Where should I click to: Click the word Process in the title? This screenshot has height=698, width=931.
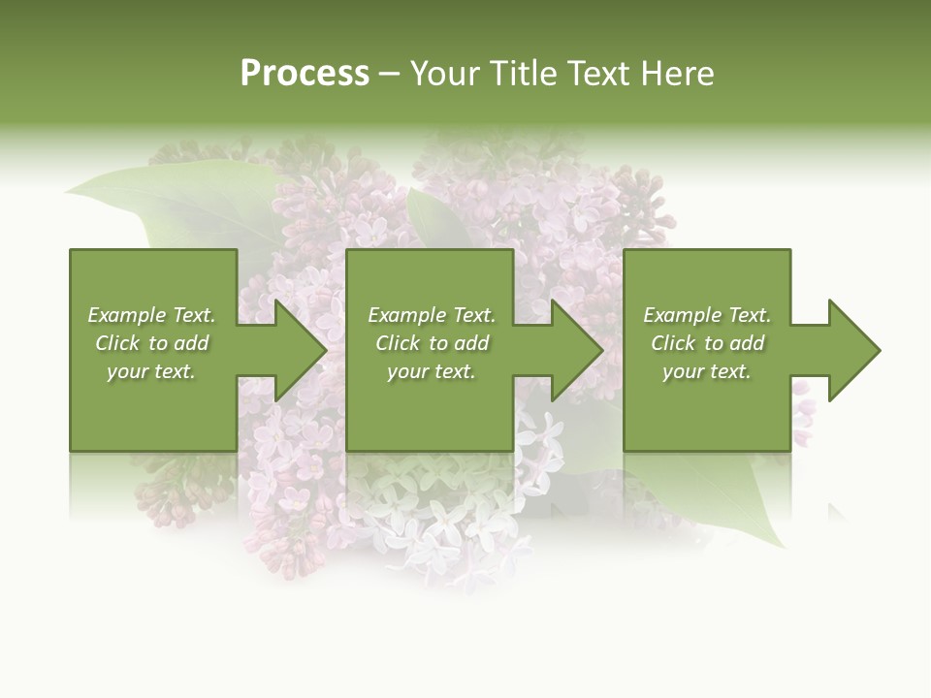pyautogui.click(x=305, y=74)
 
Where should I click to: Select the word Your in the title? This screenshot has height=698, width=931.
pyautogui.click(x=445, y=74)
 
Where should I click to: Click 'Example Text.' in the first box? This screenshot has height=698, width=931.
pyautogui.click(x=151, y=315)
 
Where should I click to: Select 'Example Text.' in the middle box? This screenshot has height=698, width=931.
pyautogui.click(x=432, y=315)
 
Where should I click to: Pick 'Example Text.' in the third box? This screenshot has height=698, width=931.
pyautogui.click(x=707, y=315)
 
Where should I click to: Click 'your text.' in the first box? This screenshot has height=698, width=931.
pyautogui.click(x=151, y=371)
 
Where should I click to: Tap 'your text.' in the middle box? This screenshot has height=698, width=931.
pyautogui.click(x=432, y=371)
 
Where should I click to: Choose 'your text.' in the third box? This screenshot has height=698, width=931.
pyautogui.click(x=707, y=371)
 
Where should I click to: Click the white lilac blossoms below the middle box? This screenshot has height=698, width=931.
pyautogui.click(x=436, y=514)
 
